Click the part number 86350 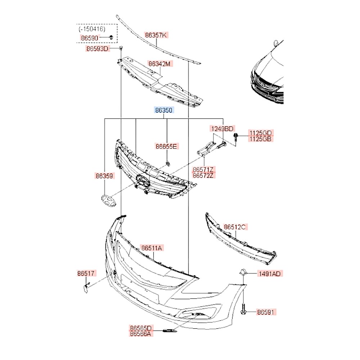[164, 111]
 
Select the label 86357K [156, 35]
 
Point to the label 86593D [97, 49]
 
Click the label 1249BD [222, 129]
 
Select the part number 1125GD [261, 132]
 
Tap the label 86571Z [203, 169]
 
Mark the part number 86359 [104, 176]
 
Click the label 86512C [235, 227]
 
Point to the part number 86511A [152, 248]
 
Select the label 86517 [87, 274]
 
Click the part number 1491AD [269, 274]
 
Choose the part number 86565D [141, 328]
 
